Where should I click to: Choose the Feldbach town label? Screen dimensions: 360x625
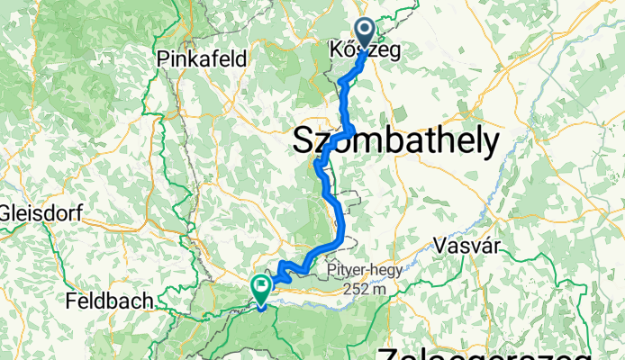pyautogui.click(x=107, y=301)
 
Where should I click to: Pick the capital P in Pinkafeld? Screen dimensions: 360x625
pyautogui.click(x=162, y=58)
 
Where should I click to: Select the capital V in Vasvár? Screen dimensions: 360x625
pyautogui.click(x=439, y=245)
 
